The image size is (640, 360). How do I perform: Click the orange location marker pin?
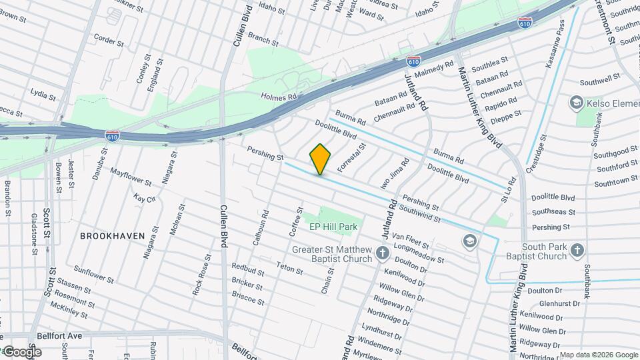click(320, 159)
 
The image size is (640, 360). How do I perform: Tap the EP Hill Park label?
click(333, 227)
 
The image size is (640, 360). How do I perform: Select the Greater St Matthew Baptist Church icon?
click(383, 253)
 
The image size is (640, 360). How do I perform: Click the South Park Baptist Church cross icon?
click(577, 251)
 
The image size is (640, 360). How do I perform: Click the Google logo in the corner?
click(21, 352)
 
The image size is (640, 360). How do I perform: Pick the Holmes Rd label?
click(278, 97)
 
